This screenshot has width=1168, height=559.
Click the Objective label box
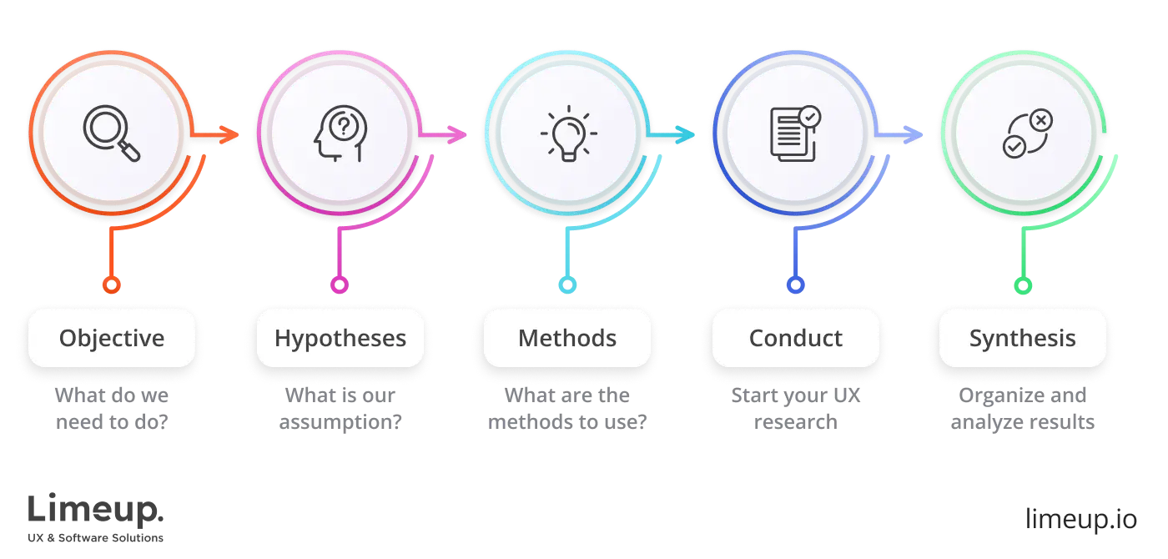point(112,339)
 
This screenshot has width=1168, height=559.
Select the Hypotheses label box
point(340,339)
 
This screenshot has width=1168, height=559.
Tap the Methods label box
point(567,339)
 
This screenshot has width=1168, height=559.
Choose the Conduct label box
point(796,339)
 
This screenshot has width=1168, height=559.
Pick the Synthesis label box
point(1023,339)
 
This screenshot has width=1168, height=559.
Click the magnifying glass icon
point(112,133)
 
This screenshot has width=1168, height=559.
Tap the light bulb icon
point(567,133)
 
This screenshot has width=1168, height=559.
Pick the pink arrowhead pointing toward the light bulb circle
point(456,133)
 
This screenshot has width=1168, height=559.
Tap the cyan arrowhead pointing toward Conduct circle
point(684,133)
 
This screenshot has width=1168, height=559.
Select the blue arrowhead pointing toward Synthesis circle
point(914,133)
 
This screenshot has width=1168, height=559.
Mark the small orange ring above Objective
point(111,285)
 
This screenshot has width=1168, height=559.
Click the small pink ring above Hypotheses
point(339,285)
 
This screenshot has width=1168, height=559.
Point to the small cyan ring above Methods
point(567,285)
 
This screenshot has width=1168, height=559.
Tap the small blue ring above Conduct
point(795,285)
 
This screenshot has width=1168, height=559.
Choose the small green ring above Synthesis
point(1023,285)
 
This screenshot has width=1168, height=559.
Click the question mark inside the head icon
point(341,127)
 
